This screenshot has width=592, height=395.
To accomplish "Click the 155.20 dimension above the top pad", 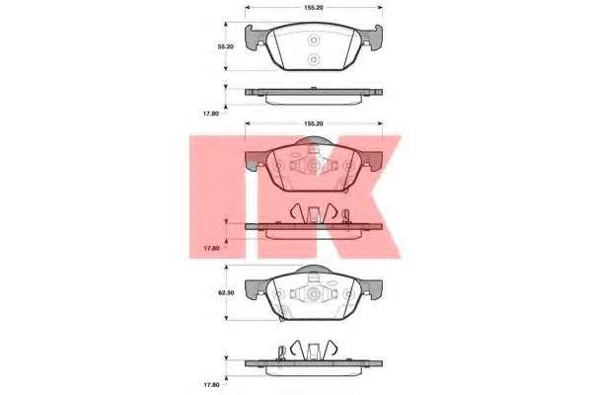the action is tap(314, 7).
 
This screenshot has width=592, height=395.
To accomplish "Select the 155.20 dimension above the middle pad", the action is tap(314, 123).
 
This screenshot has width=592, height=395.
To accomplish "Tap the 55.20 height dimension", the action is tap(226, 46).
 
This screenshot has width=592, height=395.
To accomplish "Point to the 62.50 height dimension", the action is tap(226, 292).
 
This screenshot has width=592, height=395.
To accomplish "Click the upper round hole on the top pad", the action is tap(314, 39).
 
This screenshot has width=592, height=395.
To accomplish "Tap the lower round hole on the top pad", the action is tap(314, 59).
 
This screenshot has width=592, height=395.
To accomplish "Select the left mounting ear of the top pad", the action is tap(255, 38).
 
